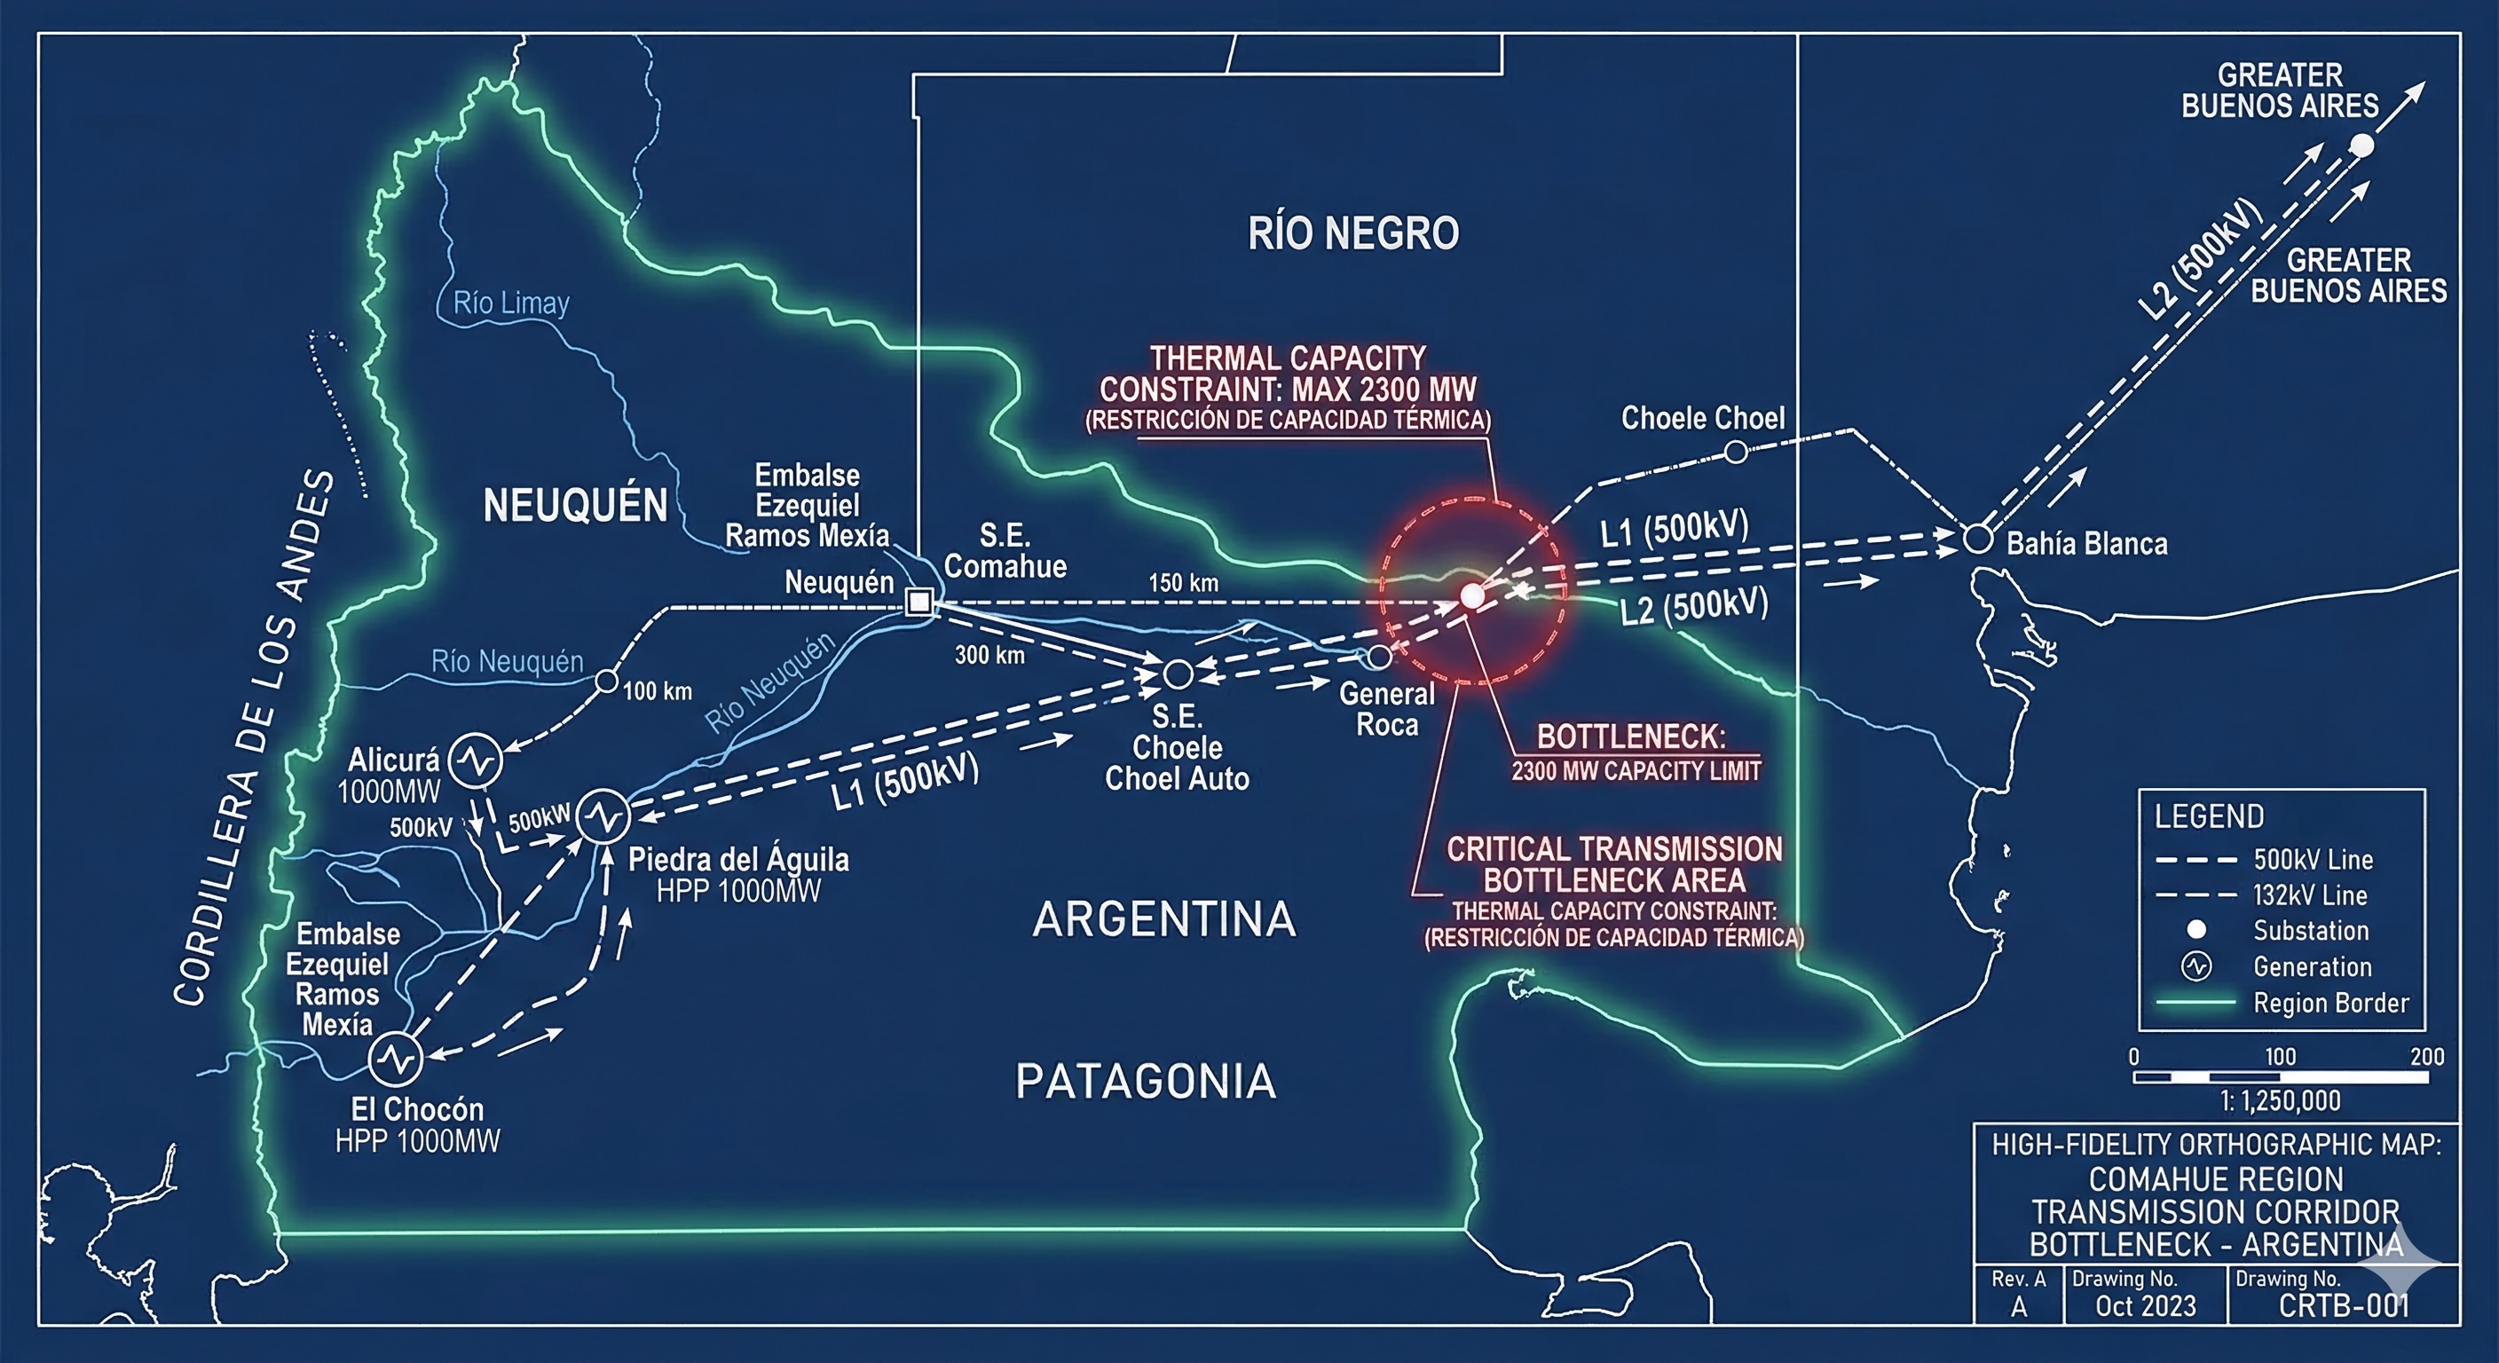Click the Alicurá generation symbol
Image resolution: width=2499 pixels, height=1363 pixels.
point(477,760)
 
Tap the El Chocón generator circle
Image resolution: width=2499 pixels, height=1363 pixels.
point(396,1059)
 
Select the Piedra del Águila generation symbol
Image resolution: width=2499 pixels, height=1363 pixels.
point(603,817)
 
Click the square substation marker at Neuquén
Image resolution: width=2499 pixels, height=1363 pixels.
point(918,603)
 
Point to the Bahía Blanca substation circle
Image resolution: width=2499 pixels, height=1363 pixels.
point(1977,539)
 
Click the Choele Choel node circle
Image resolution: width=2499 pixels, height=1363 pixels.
point(1736,451)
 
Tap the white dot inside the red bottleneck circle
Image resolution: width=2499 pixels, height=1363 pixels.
point(1471,595)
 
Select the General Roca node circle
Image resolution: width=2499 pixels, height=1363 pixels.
point(1378,657)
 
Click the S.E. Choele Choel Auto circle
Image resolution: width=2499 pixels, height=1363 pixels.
point(1178,674)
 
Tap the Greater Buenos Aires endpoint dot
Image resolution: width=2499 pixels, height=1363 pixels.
point(2362,146)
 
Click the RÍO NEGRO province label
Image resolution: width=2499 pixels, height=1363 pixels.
point(1353,233)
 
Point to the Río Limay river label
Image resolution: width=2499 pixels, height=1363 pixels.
point(510,303)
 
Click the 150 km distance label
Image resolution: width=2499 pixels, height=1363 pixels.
point(1184,583)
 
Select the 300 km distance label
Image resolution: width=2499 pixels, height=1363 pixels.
point(989,655)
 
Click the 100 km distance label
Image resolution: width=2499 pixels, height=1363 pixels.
point(658,691)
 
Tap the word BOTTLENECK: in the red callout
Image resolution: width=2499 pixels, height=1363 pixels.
point(1631,737)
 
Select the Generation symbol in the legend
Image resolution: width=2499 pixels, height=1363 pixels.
point(2196,966)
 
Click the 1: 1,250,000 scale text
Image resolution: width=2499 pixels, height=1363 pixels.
point(2281,1101)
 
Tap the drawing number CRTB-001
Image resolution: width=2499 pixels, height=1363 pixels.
point(2344,1305)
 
